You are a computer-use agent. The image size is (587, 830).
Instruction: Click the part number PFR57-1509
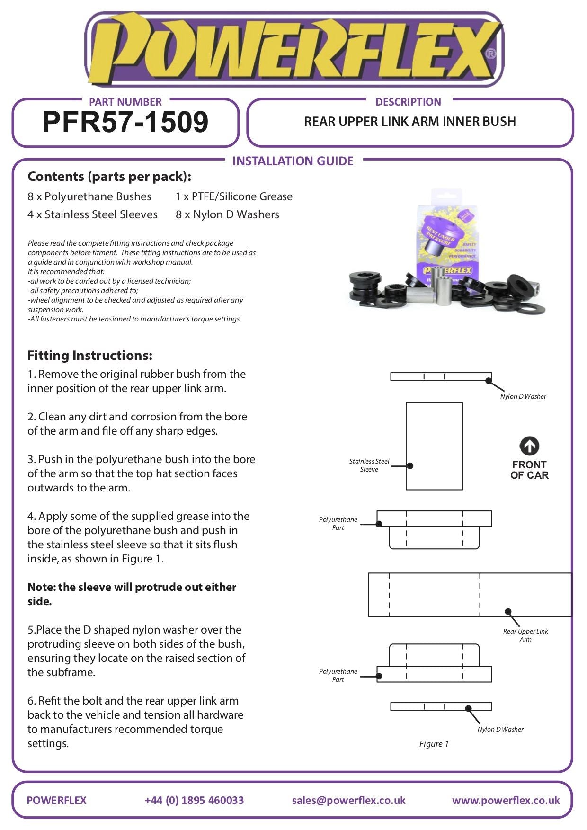[x=125, y=122]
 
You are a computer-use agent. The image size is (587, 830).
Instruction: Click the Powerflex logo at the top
[x=293, y=50]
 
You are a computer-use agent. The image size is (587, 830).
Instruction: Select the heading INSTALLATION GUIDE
[x=293, y=161]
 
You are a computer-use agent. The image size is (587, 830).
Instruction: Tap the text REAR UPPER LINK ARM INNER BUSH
[x=409, y=122]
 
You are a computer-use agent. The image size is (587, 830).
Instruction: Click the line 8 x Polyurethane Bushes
[x=89, y=196]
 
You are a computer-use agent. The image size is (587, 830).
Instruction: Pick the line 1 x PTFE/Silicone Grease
[x=234, y=196]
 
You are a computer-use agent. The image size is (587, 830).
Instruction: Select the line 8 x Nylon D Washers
[x=227, y=214]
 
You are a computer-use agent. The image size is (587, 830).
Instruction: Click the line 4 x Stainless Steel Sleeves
[x=92, y=214]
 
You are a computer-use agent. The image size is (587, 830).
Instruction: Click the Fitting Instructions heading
[x=90, y=356]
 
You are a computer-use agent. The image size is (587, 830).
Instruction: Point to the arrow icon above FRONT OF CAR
[x=529, y=446]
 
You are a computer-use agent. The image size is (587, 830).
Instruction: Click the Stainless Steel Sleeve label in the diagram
[x=369, y=465]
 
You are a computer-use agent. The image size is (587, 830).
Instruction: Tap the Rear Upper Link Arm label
[x=525, y=635]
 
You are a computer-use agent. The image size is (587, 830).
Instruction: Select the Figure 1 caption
[x=434, y=744]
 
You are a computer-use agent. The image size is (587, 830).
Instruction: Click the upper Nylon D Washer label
[x=523, y=396]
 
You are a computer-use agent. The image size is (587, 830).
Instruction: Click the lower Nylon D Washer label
[x=500, y=729]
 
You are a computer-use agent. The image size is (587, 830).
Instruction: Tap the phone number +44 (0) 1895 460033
[x=194, y=800]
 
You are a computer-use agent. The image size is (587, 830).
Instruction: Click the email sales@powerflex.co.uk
[x=348, y=800]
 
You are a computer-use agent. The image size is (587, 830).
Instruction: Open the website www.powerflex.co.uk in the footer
[x=506, y=800]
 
